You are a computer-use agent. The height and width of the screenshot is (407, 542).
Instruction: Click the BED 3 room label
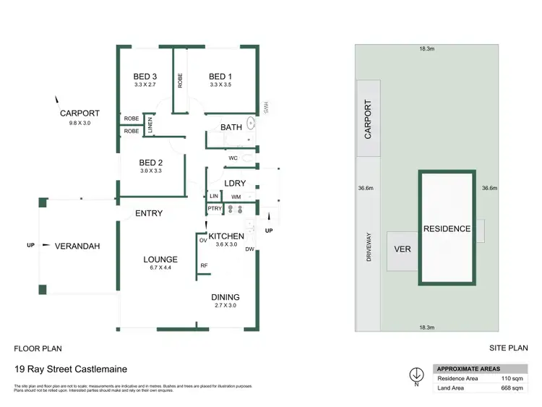tap(145, 77)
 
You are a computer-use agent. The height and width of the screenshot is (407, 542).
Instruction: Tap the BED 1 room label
tap(220, 77)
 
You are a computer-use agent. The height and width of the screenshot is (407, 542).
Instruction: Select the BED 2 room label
tap(151, 163)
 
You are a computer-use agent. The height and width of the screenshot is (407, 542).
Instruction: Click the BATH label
tap(231, 127)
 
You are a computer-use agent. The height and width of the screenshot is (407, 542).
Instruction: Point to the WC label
tap(233, 158)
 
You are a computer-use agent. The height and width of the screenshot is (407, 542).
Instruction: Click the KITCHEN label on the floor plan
tap(226, 236)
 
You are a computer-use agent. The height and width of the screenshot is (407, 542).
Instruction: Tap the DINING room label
tap(225, 297)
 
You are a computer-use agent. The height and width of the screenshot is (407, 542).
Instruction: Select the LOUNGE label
tap(160, 260)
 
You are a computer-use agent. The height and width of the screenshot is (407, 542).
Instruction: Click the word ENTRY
tap(149, 213)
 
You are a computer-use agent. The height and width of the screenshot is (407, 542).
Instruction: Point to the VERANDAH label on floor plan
tap(77, 246)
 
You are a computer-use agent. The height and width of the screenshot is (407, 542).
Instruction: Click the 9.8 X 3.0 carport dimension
tap(79, 123)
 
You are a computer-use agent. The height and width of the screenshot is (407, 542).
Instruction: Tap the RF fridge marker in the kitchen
tap(205, 265)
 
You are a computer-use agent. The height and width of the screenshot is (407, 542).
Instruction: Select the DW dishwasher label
tap(249, 249)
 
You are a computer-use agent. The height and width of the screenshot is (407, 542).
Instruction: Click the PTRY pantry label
tap(214, 209)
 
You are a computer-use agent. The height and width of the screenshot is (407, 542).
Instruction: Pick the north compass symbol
tap(416, 375)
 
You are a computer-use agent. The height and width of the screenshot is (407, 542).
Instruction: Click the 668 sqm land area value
tap(511, 389)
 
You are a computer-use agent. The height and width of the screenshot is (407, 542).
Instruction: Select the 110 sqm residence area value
tap(511, 378)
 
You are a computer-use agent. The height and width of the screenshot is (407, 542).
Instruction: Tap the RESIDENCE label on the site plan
tap(447, 228)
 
